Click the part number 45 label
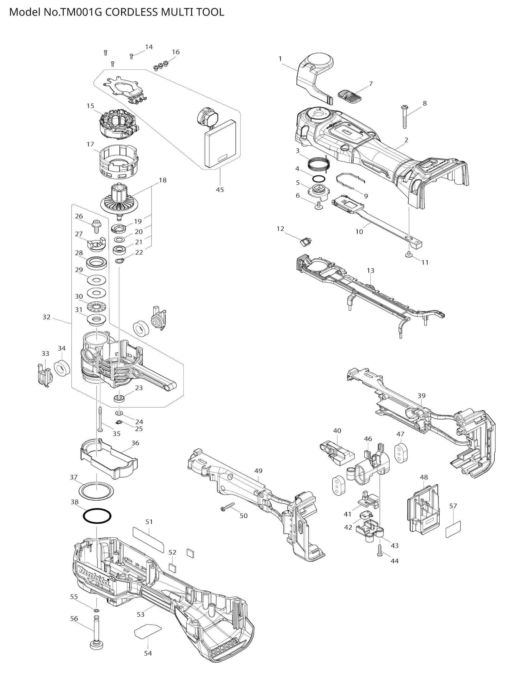coord(220,190)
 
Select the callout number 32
coord(46,317)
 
